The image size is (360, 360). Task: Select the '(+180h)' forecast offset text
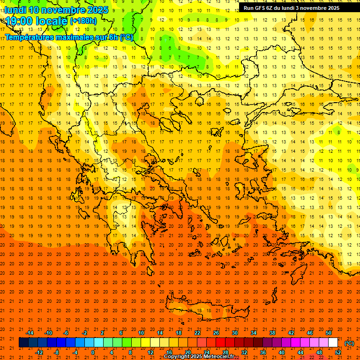point(83,21)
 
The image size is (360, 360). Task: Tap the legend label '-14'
point(30,332)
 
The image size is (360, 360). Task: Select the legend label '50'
point(328,332)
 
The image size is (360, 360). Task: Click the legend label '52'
point(338,352)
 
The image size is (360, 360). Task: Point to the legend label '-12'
point(39,352)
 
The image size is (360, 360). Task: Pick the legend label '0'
point(93,352)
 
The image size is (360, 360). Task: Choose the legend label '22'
point(197,332)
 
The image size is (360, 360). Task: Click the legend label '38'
point(272,332)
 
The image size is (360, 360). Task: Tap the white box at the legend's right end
point(333,342)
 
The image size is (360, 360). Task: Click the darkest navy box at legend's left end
point(23,342)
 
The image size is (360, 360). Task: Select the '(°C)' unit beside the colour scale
point(349,343)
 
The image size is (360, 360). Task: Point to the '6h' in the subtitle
point(113,37)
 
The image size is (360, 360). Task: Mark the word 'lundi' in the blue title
point(15,10)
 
